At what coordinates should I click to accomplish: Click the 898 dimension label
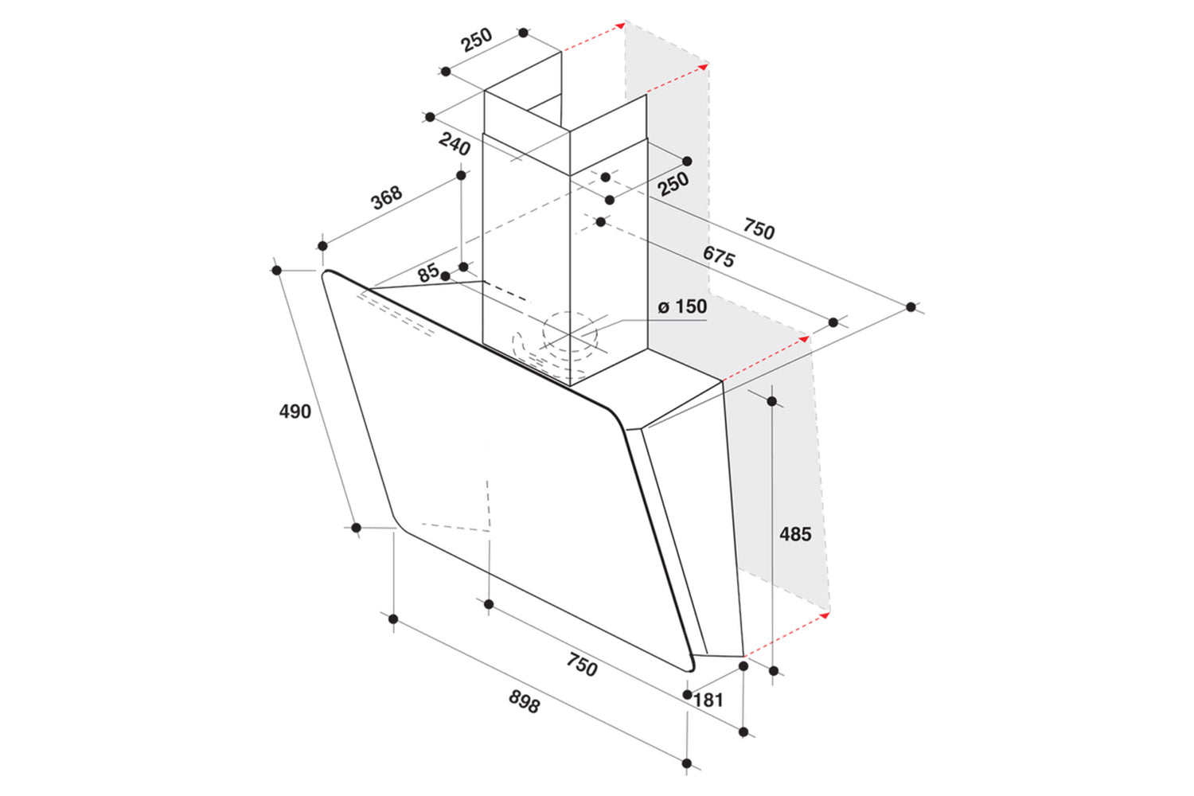(x=525, y=701)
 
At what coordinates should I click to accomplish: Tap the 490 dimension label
(x=295, y=411)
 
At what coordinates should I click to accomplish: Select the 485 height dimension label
(x=795, y=533)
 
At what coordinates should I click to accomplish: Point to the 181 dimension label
(x=708, y=700)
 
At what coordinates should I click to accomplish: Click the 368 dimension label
(x=386, y=197)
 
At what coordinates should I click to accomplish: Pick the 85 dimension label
(x=428, y=273)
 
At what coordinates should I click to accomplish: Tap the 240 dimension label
(x=455, y=144)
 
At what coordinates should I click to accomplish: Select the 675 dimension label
(x=719, y=256)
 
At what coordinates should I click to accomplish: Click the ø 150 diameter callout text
(x=682, y=306)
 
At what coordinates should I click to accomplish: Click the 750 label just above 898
(x=582, y=665)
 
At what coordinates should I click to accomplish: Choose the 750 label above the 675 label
(x=759, y=228)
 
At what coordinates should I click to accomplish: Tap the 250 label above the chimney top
(x=477, y=40)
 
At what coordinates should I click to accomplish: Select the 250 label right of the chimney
(x=673, y=184)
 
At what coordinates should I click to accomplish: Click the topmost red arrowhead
(x=620, y=25)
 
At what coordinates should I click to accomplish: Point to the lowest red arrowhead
(x=825, y=616)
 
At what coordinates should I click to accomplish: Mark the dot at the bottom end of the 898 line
(x=687, y=763)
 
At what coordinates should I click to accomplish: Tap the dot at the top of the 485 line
(x=772, y=401)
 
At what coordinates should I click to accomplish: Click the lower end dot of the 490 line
(x=356, y=528)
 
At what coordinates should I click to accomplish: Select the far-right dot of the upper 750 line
(x=911, y=307)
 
